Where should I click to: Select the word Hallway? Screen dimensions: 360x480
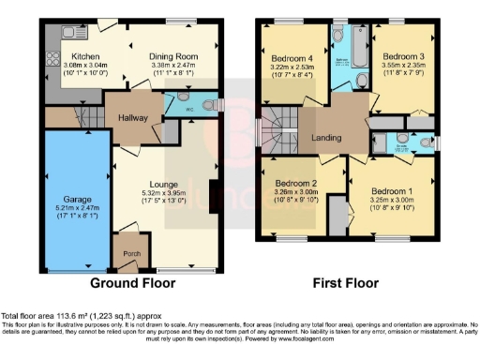(x=133, y=118)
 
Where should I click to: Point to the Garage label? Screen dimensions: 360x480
(x=75, y=199)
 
